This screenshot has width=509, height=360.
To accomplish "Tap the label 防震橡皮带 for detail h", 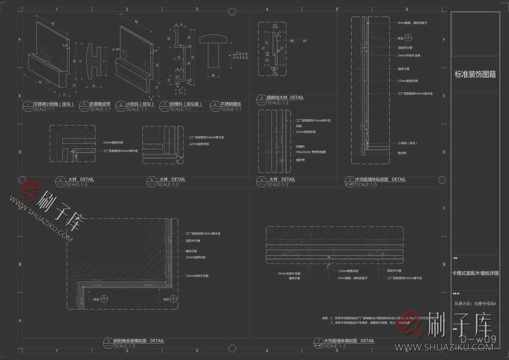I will [101, 103].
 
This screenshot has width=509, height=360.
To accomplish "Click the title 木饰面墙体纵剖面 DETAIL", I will [380, 179].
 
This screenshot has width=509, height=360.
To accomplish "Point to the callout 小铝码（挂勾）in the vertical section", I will [408, 143].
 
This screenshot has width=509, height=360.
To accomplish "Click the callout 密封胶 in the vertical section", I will [403, 153].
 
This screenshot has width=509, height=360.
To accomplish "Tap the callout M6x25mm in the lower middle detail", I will [310, 151].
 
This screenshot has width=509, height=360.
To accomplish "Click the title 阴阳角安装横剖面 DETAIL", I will [138, 340].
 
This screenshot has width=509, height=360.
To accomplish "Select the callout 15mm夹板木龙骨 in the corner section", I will [197, 276].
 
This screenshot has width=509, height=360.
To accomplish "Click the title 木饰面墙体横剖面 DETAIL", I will [349, 340].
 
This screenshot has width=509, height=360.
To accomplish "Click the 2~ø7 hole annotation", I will [115, 49].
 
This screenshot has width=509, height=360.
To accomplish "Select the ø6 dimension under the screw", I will [213, 75].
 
